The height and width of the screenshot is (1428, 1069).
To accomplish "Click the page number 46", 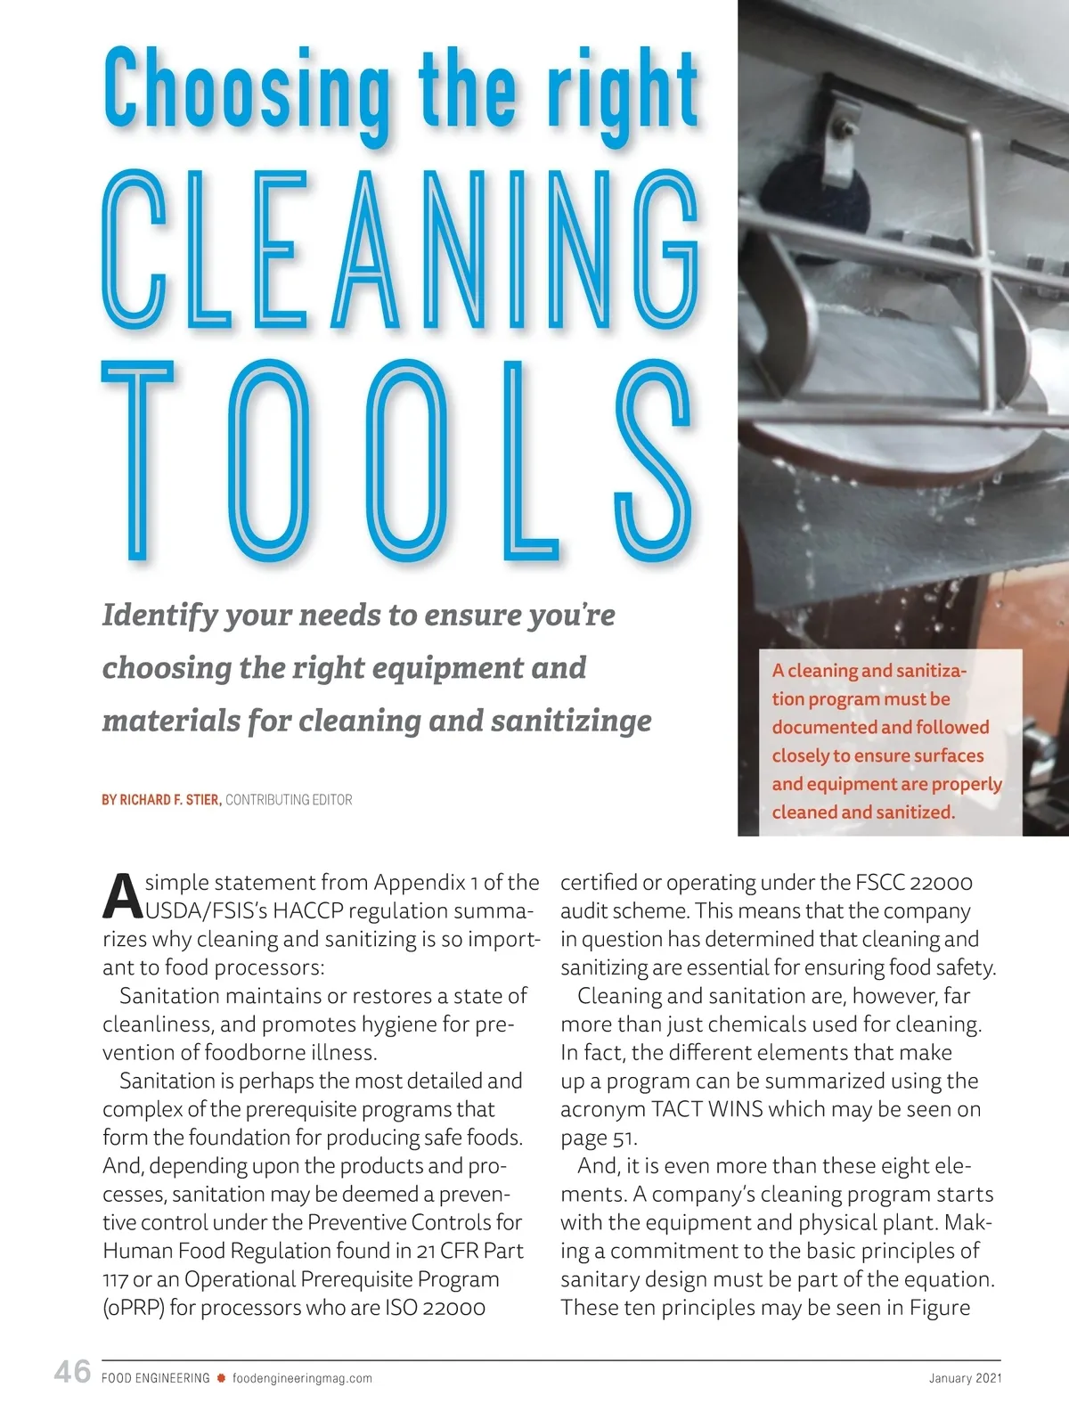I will (x=72, y=1372).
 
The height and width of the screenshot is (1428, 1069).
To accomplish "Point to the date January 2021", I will (x=965, y=1378).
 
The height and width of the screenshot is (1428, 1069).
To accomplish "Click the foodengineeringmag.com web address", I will (x=302, y=1378).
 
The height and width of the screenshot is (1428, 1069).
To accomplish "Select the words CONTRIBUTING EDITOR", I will (x=289, y=800).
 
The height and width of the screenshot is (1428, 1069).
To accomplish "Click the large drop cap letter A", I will (x=122, y=896).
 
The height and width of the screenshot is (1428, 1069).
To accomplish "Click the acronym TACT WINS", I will (x=706, y=1109).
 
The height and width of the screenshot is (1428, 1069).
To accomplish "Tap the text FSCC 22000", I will (x=914, y=883).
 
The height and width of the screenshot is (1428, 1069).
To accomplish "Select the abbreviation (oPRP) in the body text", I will (x=134, y=1308).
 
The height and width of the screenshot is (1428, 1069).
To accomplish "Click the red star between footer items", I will (x=221, y=1378).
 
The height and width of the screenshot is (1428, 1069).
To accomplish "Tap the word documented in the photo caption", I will (x=822, y=727).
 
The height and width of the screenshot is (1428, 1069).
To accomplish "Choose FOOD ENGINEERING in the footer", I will (x=156, y=1378).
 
